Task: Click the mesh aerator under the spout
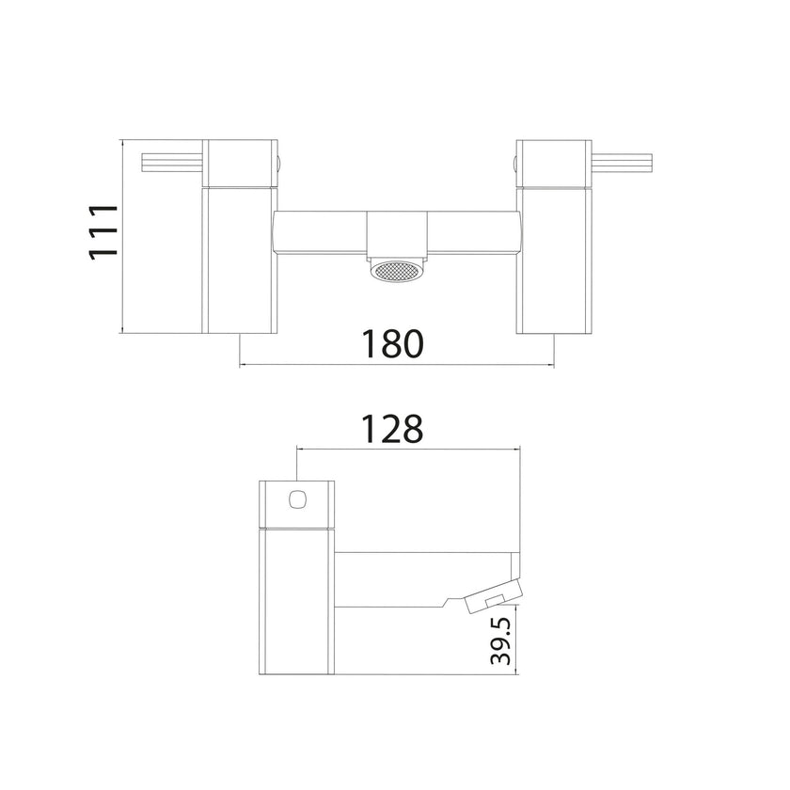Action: coord(394,273)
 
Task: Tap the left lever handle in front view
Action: coord(174,163)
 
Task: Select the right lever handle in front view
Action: coord(620,163)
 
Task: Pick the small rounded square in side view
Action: coord(300,498)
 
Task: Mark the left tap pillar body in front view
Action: coord(241,259)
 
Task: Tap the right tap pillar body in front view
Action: coord(550,259)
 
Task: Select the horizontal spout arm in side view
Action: coord(423,578)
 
